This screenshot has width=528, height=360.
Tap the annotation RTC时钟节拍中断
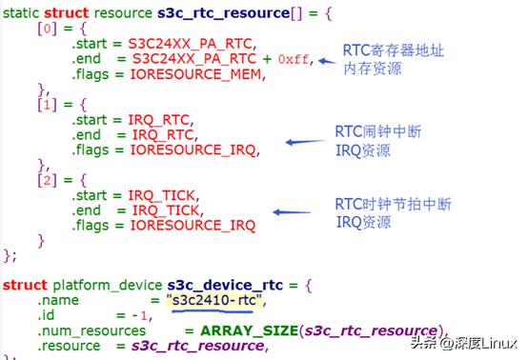coord(392,204)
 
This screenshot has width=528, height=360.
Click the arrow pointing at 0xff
coord(327,61)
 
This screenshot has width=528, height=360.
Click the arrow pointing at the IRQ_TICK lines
coord(295,212)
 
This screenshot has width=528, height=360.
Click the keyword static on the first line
coord(26,12)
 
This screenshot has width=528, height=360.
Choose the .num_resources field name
coord(81,330)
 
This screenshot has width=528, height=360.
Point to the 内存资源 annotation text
coord(370,69)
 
